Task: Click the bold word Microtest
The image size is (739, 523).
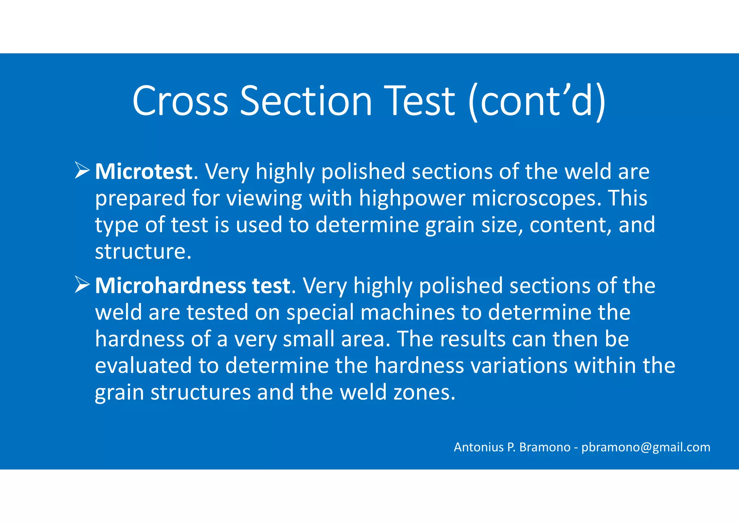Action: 144,172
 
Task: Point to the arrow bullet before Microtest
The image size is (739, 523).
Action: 82,170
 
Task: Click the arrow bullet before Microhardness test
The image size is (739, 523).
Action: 82,285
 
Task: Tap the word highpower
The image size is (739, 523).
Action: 412,198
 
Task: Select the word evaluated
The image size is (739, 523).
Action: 143,366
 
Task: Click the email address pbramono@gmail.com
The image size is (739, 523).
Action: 646,447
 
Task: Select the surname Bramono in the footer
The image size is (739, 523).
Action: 545,447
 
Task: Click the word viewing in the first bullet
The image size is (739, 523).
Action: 264,198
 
